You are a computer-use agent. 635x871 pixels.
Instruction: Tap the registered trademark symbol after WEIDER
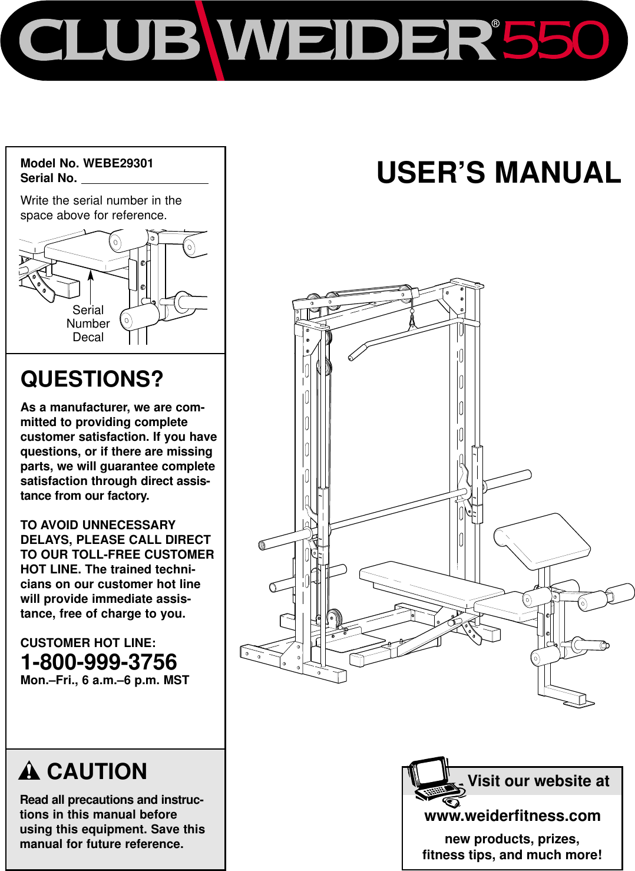pos(495,24)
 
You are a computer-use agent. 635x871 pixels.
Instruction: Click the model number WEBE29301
pos(118,163)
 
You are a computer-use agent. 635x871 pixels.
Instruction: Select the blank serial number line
pos(144,179)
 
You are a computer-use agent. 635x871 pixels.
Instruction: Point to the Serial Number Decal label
pos(88,324)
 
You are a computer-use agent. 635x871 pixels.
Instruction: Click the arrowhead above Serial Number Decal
pos(91,275)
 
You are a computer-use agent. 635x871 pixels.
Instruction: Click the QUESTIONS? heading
pos(92,379)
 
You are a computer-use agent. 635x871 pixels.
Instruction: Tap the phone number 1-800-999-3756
pos(99,662)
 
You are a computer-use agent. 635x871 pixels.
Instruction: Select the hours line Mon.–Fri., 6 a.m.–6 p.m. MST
pos(105,680)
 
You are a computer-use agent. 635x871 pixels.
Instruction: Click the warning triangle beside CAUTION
pos(29,771)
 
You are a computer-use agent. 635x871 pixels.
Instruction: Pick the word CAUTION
pos(97,771)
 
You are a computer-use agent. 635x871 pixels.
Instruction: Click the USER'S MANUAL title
pos(498,173)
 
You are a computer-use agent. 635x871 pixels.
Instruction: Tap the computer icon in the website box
pos(435,781)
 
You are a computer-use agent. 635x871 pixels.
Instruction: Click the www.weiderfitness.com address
pos(512,816)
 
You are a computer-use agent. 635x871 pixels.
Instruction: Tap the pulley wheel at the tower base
pos(334,618)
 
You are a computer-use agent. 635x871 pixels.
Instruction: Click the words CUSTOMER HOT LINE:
pos(88,643)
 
